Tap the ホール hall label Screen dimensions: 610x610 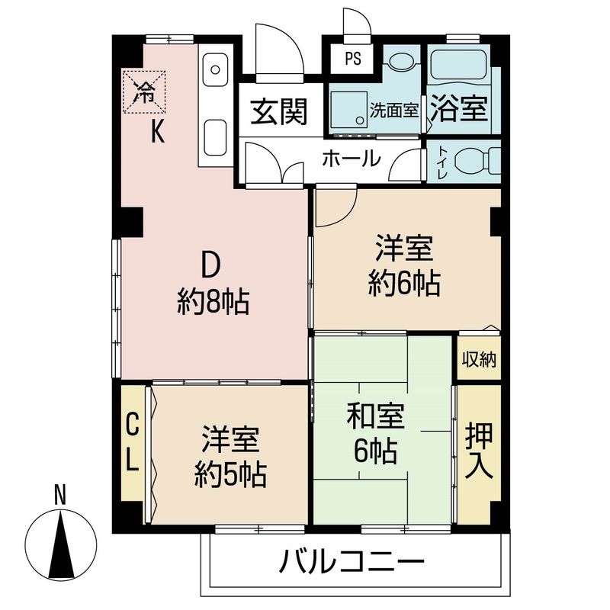(351, 159)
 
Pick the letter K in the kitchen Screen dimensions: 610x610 (156, 132)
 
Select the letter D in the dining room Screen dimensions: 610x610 (210, 265)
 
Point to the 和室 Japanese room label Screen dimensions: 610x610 (375, 417)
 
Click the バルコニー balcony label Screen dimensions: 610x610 (352, 564)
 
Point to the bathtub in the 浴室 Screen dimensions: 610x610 (461, 69)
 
